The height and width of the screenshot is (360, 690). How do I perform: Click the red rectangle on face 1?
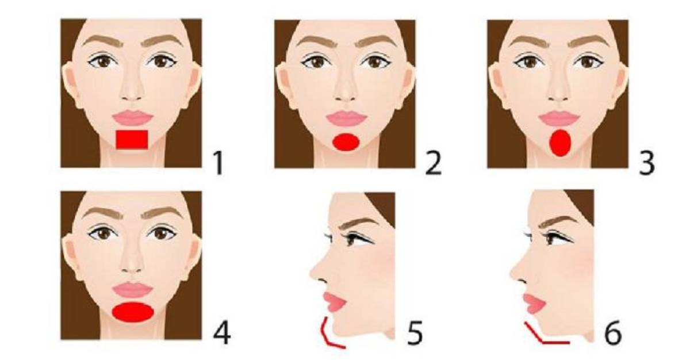pyautogui.click(x=132, y=140)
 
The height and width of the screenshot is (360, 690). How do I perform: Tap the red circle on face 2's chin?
pyautogui.click(x=346, y=142)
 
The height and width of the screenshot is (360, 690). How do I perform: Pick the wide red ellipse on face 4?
pyautogui.click(x=133, y=312)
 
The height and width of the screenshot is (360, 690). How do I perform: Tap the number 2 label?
pyautogui.click(x=433, y=163)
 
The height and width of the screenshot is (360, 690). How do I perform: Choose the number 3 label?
pyautogui.click(x=647, y=163)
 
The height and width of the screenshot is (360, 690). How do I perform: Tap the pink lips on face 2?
pyautogui.click(x=347, y=118)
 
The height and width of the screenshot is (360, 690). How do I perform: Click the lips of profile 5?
pyautogui.click(x=334, y=302)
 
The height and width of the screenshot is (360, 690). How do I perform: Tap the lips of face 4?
pyautogui.click(x=132, y=290)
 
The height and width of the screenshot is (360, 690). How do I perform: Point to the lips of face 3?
pyautogui.click(x=559, y=118)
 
